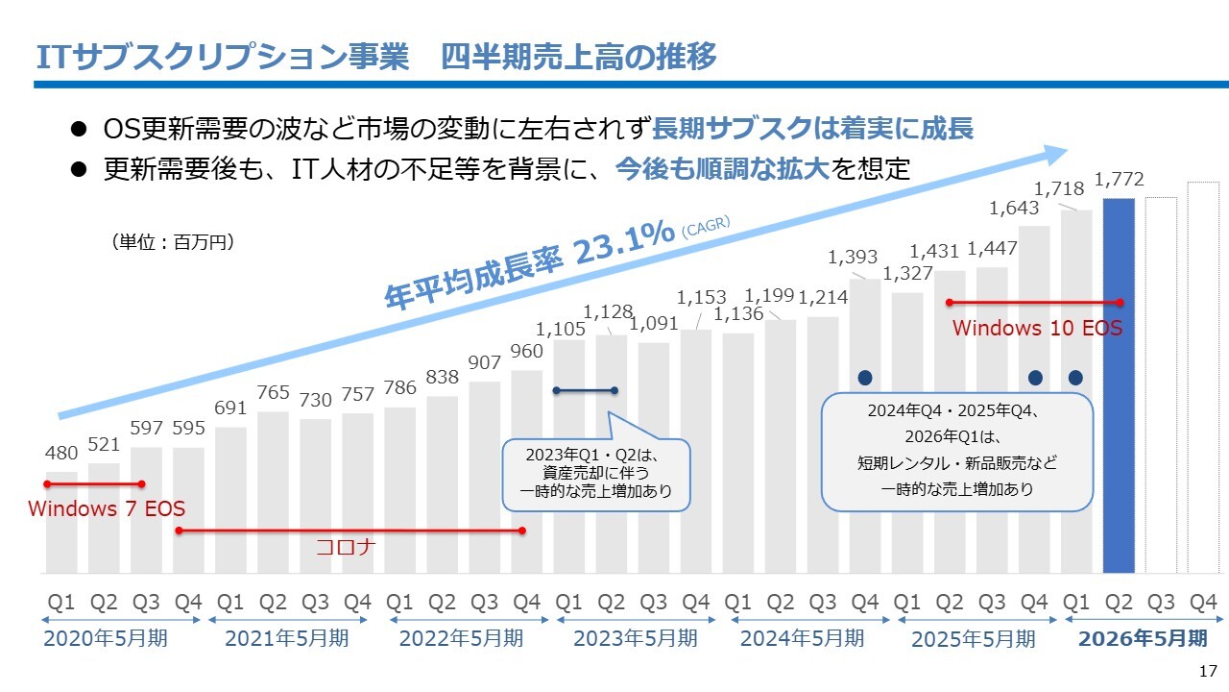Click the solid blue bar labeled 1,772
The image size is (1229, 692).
(1119, 384)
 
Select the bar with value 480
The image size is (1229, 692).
(61, 522)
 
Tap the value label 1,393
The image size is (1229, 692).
(853, 257)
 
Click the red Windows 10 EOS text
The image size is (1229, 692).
(1037, 328)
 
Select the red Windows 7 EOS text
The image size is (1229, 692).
(107, 508)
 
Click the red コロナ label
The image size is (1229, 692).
(346, 548)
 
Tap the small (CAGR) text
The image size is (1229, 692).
(706, 227)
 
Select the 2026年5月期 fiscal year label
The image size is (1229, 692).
(1143, 638)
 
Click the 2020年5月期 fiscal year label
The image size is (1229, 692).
(106, 638)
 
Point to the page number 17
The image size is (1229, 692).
(1208, 671)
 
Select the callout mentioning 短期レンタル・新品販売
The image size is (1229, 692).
(957, 452)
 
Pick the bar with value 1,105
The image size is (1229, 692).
(568, 457)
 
